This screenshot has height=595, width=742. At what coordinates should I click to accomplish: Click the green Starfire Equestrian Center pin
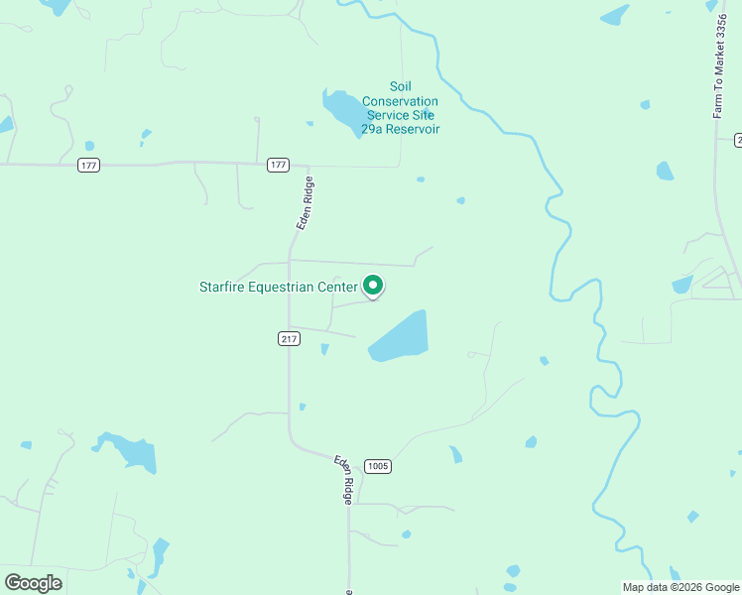pos(373,286)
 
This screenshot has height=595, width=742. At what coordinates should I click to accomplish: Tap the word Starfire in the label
pos(223,288)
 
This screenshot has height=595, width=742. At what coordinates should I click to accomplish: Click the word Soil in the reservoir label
pos(400,87)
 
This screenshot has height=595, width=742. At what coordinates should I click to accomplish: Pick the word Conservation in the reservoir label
pos(400,101)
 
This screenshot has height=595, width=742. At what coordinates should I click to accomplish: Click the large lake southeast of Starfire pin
pos(401,337)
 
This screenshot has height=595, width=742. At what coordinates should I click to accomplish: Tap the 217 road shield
pos(289,339)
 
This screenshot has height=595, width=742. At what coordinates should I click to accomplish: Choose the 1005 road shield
pos(377,466)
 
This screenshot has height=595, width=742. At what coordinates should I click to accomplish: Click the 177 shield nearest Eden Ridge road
pos(278,165)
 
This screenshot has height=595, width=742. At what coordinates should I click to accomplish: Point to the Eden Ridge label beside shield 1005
pos(343,480)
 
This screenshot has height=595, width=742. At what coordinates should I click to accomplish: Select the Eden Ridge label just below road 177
pos(305,203)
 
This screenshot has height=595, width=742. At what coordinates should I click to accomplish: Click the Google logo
pos(33,583)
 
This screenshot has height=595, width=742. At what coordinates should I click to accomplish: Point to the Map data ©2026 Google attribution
pos(680,587)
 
